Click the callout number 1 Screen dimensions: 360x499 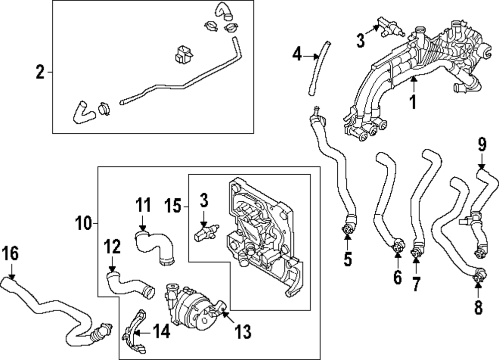[x=413, y=102]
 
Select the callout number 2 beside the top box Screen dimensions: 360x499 [x=40, y=73]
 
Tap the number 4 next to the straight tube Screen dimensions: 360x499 [x=297, y=53]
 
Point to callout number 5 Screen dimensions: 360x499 [x=348, y=259]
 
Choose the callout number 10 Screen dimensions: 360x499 [x=84, y=224]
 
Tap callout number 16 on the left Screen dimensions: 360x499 [x=10, y=254]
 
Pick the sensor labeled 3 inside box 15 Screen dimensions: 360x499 [x=204, y=233]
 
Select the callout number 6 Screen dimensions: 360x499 [x=397, y=277]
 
